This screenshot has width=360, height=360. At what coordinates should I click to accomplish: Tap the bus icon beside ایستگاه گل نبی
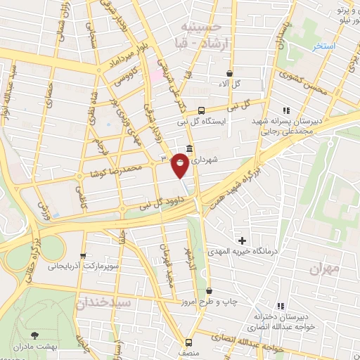pos(202,110)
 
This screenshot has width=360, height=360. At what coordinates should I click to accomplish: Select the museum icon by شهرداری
pos(189,148)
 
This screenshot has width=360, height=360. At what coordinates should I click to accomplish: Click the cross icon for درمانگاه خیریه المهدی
pos(242,241)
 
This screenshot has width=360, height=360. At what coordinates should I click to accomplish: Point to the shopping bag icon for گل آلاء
pos(229,73)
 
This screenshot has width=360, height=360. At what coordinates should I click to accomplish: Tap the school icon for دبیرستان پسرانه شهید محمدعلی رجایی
pos(285,110)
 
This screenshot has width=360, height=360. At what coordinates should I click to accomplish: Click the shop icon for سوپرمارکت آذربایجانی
pos(84,256)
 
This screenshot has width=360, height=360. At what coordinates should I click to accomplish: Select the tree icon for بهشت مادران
pos(37,337)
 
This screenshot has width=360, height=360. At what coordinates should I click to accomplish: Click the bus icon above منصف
pos(188,342)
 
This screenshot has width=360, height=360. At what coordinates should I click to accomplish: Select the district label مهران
pos(324,268)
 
